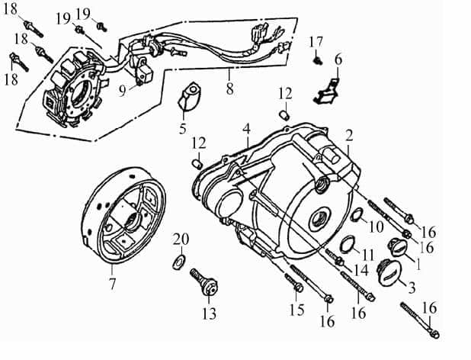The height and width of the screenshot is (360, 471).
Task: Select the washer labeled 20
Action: pyautogui.click(x=177, y=262)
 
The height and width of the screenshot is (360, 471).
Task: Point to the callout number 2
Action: pyautogui.click(x=348, y=136)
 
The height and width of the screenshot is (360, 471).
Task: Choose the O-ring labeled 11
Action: pyautogui.click(x=347, y=245)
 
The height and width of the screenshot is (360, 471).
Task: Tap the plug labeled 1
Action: pyautogui.click(x=401, y=247)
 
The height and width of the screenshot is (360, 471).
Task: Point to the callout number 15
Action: pyautogui.click(x=296, y=310)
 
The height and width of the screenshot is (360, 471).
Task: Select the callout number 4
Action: pyautogui.click(x=246, y=129)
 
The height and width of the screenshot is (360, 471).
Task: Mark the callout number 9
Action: pyautogui.click(x=121, y=88)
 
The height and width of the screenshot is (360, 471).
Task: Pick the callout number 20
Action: pyautogui.click(x=181, y=239)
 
